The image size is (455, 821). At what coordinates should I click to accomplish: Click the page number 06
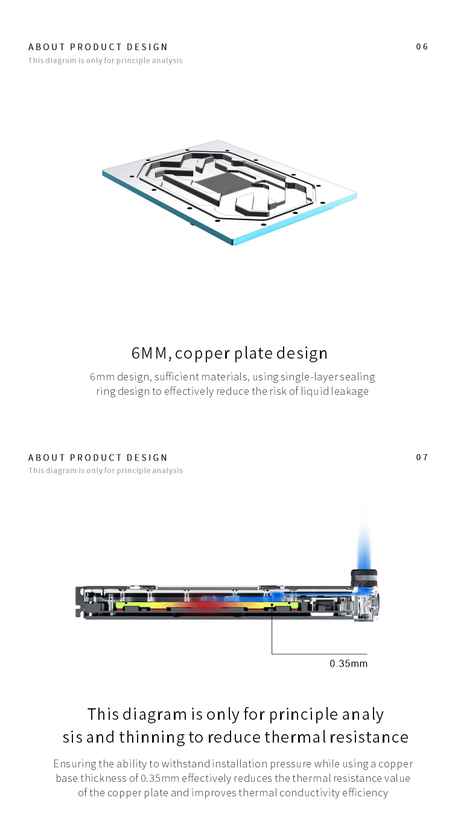(422, 47)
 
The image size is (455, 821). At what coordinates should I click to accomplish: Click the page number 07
(422, 458)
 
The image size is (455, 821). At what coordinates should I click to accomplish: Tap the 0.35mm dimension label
(348, 664)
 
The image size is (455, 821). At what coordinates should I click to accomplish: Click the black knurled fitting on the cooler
(364, 578)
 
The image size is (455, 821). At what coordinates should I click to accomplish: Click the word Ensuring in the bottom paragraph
(75, 764)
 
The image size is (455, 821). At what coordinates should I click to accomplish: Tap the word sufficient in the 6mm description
(176, 377)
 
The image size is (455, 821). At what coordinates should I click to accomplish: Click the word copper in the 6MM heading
(203, 353)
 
